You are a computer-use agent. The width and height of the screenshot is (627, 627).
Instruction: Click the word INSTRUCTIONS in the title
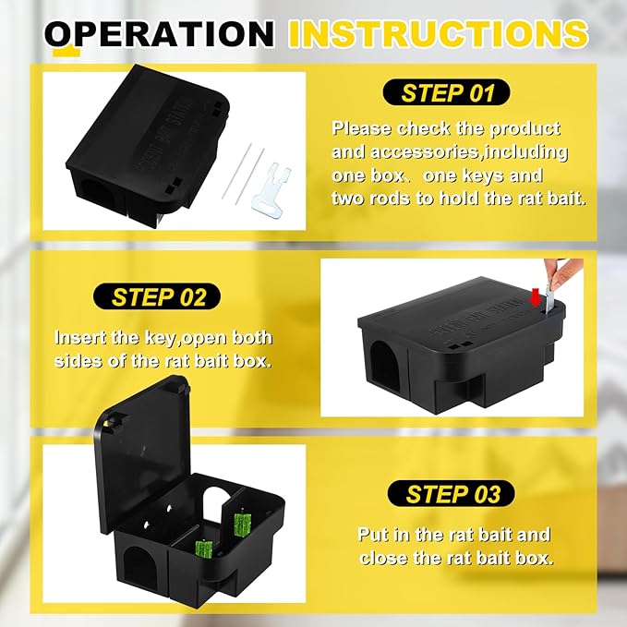coord(438,33)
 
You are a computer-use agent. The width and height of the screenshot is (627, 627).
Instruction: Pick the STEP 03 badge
coord(453,494)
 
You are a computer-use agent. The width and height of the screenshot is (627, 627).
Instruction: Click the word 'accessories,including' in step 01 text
coord(450,151)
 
